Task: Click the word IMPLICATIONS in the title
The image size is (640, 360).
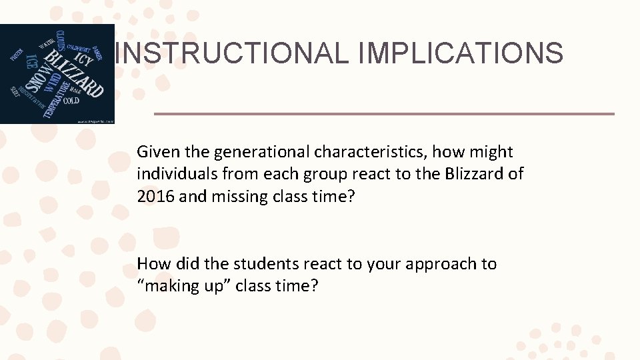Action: click(460, 53)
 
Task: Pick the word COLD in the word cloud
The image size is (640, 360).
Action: click(71, 101)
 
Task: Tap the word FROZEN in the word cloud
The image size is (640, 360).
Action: click(17, 54)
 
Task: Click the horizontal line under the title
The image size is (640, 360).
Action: click(384, 114)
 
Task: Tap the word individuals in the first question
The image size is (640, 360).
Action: click(175, 174)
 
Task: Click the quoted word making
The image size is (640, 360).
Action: click(167, 286)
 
